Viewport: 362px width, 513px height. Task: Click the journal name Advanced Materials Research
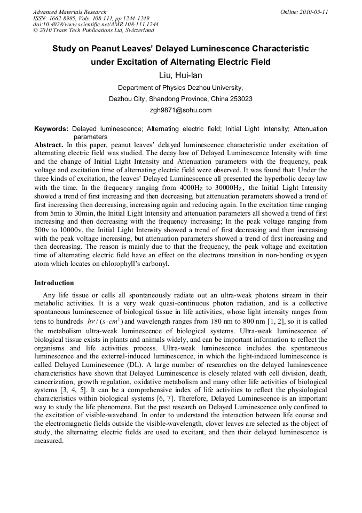pos(69,12)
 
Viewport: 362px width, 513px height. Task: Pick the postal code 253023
pos(240,99)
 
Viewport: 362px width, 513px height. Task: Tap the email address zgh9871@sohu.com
pos(180,110)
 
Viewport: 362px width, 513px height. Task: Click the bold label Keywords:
pos(51,129)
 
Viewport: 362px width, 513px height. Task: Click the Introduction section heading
pos(54,282)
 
